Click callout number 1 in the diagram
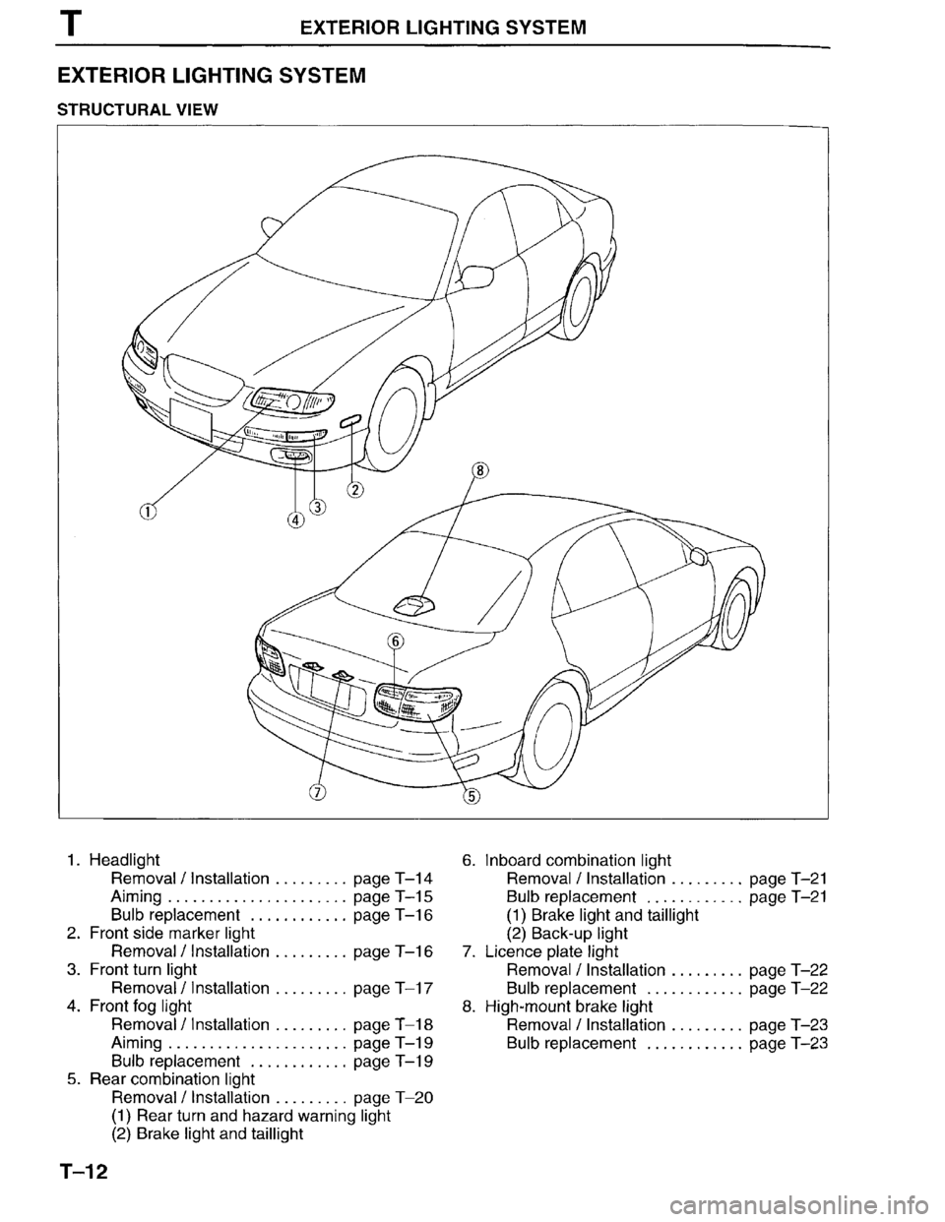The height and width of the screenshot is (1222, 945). (147, 512)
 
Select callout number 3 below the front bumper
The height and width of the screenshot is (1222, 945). (316, 507)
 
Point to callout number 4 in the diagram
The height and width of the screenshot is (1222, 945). (296, 520)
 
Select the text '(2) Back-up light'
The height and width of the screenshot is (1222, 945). (566, 933)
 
